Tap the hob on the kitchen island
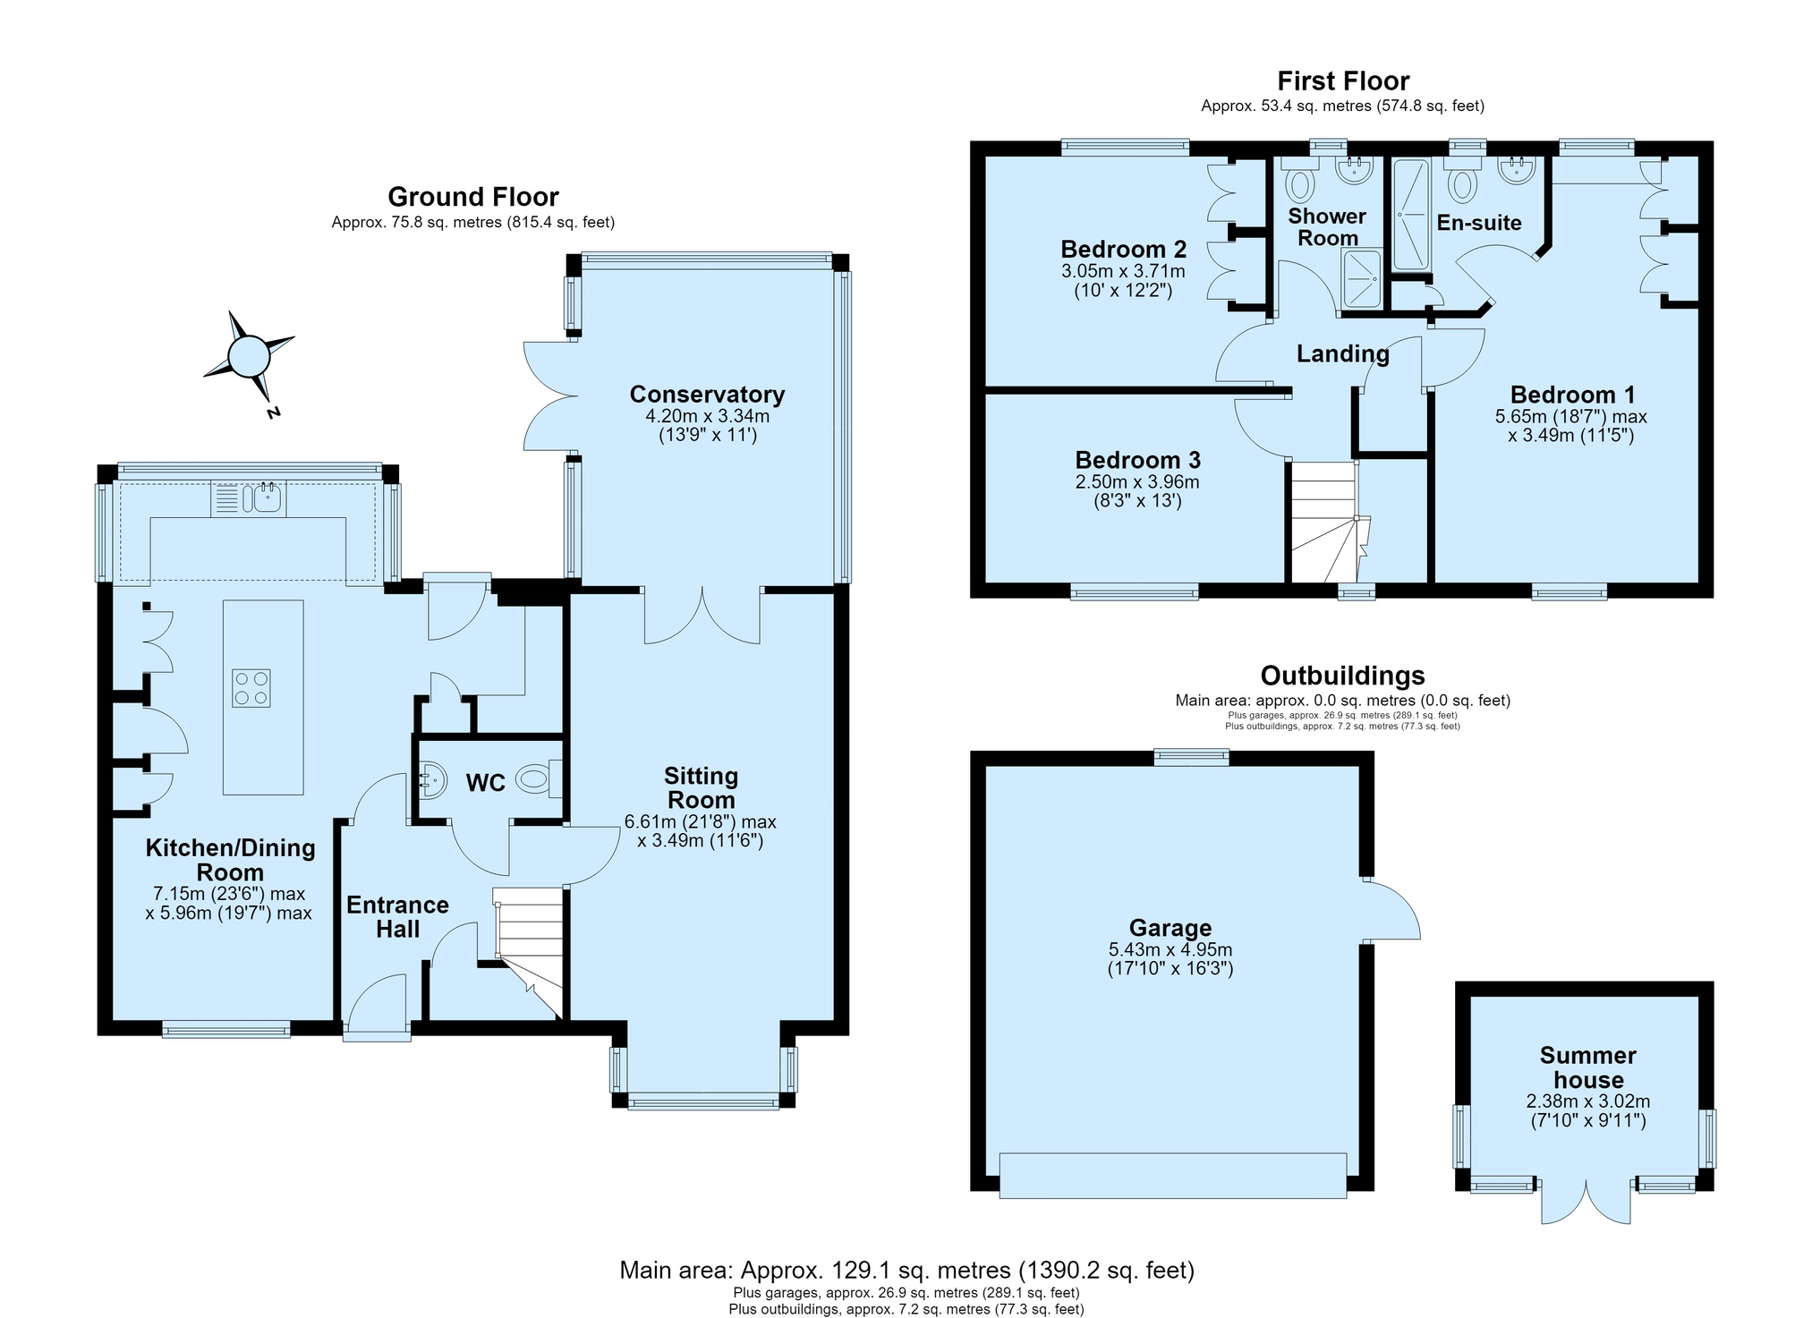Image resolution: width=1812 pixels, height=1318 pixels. pyautogui.click(x=251, y=688)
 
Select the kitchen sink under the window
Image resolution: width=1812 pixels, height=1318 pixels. pyautogui.click(x=248, y=497)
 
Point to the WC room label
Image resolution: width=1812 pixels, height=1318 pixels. pyautogui.click(x=486, y=783)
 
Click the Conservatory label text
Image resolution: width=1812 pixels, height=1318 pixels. pyautogui.click(x=707, y=394)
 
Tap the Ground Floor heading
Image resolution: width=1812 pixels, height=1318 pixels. pyautogui.click(x=473, y=197)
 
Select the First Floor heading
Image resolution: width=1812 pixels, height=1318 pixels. pyautogui.click(x=1343, y=81)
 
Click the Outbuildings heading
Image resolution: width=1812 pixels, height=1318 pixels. pyautogui.click(x=1342, y=676)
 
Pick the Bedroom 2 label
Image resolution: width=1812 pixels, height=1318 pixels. pyautogui.click(x=1123, y=249)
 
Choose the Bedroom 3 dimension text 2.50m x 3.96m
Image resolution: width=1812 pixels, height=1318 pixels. pyautogui.click(x=1137, y=482)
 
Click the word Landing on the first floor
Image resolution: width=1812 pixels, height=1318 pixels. pyautogui.click(x=1343, y=353)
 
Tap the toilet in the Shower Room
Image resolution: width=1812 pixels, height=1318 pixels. pyautogui.click(x=1299, y=179)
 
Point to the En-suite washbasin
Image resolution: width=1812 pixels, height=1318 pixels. pyautogui.click(x=1517, y=170)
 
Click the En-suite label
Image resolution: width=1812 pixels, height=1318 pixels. pyautogui.click(x=1479, y=223)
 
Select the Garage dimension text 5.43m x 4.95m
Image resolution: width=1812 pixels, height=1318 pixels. pyautogui.click(x=1170, y=949)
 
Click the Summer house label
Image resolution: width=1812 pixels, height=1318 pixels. pyautogui.click(x=1588, y=1067)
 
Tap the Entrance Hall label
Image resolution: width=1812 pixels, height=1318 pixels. pyautogui.click(x=398, y=917)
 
